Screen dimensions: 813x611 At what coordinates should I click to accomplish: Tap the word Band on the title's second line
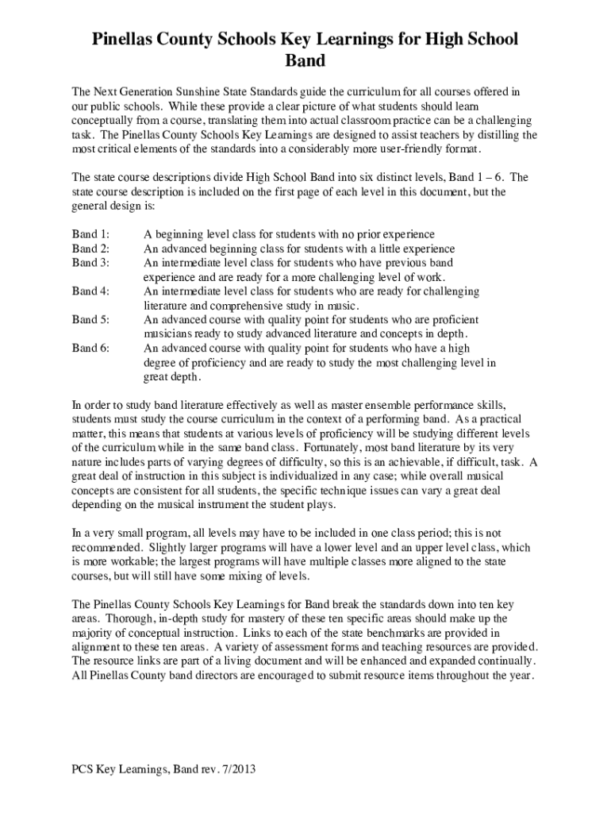click(305, 61)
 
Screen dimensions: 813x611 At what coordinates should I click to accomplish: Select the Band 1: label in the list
click(90, 234)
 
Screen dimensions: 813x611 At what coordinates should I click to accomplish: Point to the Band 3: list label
click(90, 263)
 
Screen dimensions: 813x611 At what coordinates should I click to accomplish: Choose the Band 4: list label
click(90, 291)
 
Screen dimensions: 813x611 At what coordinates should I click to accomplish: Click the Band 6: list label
click(90, 349)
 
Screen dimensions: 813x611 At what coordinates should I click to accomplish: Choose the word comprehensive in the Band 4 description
click(229, 306)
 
